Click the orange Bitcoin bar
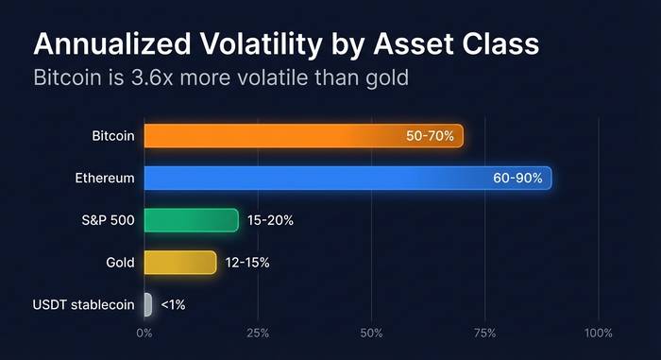[x=303, y=136]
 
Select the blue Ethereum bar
[x=347, y=178]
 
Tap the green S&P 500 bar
[x=192, y=220]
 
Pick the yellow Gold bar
[x=180, y=263]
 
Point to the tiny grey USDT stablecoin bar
[x=148, y=304]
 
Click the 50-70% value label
[x=430, y=136]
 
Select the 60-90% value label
[x=517, y=178]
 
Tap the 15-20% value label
[x=270, y=220]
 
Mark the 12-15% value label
[x=247, y=263]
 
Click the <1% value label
[x=173, y=304]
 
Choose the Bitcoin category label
[x=113, y=136]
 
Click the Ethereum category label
[x=105, y=178]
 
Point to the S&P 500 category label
[x=109, y=220]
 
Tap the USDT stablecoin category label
[x=83, y=304]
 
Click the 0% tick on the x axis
[x=144, y=333]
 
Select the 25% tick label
[x=258, y=333]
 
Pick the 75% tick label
[x=484, y=333]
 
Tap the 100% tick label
[x=598, y=333]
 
